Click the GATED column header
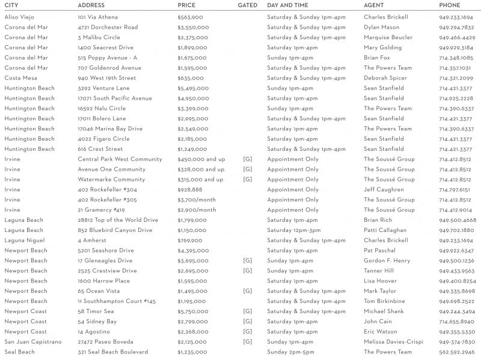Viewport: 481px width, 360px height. (x=248, y=5)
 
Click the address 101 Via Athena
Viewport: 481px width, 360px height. (x=97, y=17)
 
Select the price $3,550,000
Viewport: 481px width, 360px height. (x=193, y=27)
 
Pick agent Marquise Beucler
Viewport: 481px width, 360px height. (x=388, y=37)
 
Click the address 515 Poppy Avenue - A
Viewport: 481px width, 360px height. (x=107, y=58)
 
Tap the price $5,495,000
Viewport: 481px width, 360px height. (x=193, y=88)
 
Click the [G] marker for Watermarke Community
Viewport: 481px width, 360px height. (x=247, y=180)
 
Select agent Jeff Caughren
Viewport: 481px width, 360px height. (x=384, y=190)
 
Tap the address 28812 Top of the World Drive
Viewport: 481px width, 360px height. (x=118, y=220)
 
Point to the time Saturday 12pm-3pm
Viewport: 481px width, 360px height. (x=293, y=230)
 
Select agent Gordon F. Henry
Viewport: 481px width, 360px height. (x=387, y=261)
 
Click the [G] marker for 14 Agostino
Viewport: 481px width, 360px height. (x=247, y=332)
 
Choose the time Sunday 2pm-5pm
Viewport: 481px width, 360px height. (x=290, y=352)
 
